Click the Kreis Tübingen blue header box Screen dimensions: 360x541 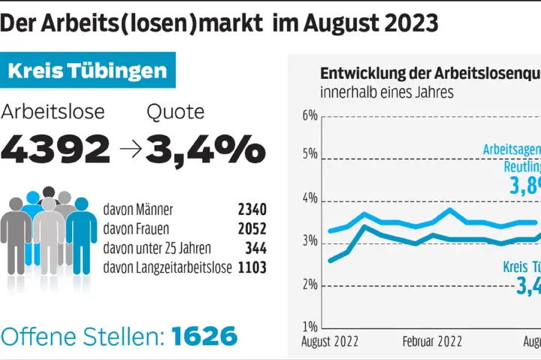[88, 71]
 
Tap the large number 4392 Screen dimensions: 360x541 [56, 150]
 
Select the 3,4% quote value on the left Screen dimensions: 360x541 [205, 150]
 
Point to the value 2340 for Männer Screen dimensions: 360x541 [251, 210]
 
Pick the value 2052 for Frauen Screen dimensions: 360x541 [251, 229]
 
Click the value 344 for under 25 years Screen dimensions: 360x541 [255, 248]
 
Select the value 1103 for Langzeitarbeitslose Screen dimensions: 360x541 [251, 267]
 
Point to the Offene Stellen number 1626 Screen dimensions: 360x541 [204, 335]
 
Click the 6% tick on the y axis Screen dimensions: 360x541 [310, 116]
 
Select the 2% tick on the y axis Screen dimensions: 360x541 [310, 286]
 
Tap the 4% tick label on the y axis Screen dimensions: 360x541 [310, 201]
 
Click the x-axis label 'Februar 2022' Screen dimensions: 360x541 [432, 341]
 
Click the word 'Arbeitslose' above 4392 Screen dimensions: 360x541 [53, 112]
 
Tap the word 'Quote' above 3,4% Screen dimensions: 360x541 [175, 112]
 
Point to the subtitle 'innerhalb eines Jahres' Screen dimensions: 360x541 [387, 92]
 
